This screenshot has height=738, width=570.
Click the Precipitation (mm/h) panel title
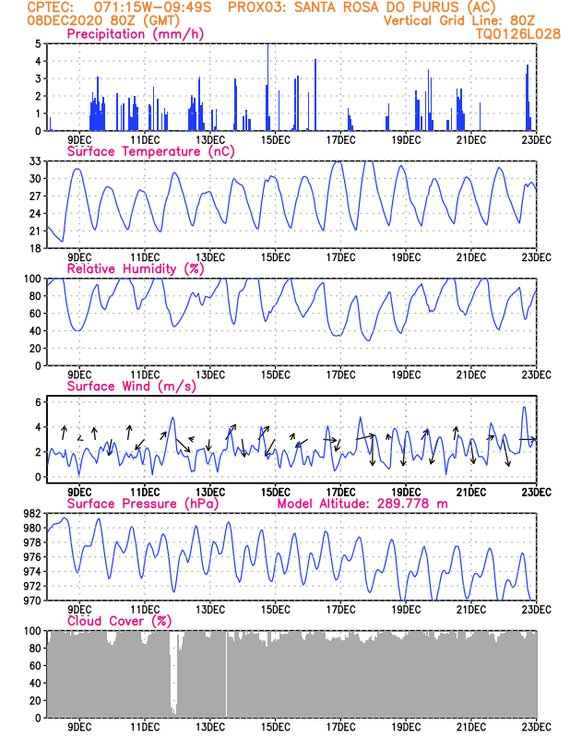[x=135, y=34]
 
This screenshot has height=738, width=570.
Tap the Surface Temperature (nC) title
[x=150, y=151]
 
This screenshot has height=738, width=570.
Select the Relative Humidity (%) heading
[x=136, y=268]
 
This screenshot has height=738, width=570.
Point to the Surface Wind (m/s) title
[x=132, y=387]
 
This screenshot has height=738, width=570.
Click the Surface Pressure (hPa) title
[x=143, y=504]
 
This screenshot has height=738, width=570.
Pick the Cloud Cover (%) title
[x=120, y=621]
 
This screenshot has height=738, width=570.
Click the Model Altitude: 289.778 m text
[x=362, y=504]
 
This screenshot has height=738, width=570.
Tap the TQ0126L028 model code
[x=518, y=34]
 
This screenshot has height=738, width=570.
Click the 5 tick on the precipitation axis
[x=38, y=43]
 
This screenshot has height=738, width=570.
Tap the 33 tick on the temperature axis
[x=35, y=161]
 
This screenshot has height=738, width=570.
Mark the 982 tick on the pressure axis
[x=32, y=513]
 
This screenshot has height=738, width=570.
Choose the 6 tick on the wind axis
[x=38, y=402]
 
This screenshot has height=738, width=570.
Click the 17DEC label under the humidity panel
[x=340, y=375]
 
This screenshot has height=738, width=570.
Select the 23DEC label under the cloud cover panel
[x=537, y=727]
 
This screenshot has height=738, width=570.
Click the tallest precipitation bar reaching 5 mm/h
[x=267, y=87]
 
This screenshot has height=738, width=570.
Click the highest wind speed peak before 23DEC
[x=524, y=407]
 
